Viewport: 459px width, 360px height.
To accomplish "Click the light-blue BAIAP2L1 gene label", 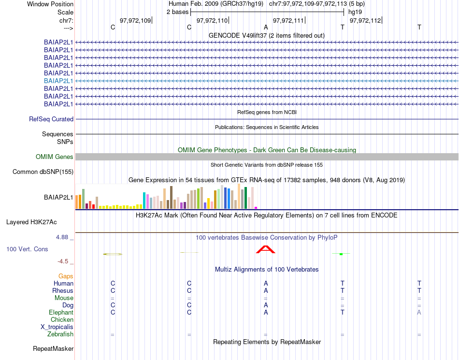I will coord(58,81).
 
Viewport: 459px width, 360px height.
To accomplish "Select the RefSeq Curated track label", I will coord(51,119).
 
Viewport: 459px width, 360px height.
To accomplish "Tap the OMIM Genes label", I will coord(55,157).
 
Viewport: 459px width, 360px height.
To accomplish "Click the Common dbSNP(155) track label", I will coord(43,172).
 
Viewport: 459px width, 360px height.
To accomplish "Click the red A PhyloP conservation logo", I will coord(265,249).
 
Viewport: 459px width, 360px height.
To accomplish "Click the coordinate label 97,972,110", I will coord(212,21).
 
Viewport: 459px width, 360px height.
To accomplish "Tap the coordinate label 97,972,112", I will coord(365,21).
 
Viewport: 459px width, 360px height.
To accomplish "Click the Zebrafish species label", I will coord(60,334).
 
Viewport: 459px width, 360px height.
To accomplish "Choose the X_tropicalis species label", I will coord(57,327).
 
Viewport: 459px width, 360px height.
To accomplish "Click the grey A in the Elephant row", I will coord(419,313).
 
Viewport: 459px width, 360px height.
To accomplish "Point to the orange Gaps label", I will coord(66,276).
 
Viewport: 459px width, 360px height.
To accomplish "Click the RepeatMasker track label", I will coord(53,349).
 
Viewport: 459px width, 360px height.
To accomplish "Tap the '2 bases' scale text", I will coord(177,12).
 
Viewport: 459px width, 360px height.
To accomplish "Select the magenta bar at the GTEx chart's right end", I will coord(256,208).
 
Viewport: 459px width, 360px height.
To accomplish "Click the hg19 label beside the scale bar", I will coord(355,12).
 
